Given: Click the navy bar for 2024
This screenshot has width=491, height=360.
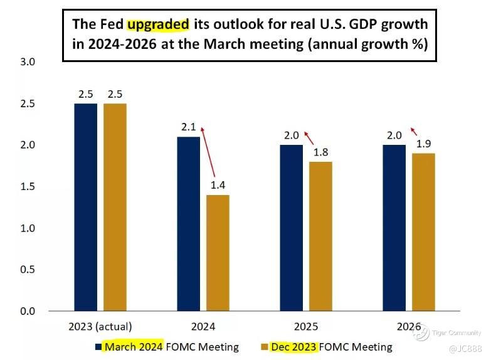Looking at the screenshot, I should [189, 224].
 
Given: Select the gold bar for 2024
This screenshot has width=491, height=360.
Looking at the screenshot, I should [218, 253].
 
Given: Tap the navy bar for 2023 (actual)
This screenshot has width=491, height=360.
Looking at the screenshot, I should [86, 207].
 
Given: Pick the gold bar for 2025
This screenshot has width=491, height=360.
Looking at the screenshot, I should [320, 236].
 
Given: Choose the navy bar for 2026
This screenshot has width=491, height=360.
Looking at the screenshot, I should [394, 228].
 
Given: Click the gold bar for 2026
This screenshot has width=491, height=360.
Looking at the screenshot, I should [423, 232].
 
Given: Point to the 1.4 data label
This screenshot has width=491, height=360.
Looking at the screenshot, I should [218, 186].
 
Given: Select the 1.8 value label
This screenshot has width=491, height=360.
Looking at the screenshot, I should [320, 152].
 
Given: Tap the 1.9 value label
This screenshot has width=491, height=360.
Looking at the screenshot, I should [423, 144].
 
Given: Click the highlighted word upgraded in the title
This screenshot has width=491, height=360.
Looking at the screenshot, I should [158, 24].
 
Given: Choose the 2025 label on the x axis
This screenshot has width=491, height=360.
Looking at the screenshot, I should [306, 327].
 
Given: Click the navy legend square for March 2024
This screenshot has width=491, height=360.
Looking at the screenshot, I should [98, 347].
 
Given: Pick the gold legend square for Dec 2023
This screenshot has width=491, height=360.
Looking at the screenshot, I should [263, 347].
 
